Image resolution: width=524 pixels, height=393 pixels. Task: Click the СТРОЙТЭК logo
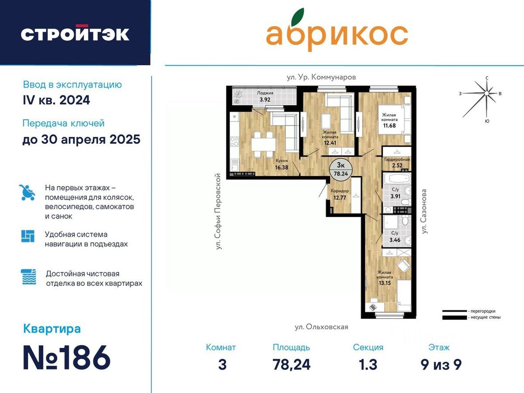click(x=75, y=34)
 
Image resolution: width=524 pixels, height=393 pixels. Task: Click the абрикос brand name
click(x=337, y=34)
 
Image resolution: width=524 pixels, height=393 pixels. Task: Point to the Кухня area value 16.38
click(x=281, y=168)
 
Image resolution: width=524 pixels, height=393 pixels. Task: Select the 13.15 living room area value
click(x=385, y=282)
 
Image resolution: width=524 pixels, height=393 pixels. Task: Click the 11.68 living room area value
click(x=389, y=126)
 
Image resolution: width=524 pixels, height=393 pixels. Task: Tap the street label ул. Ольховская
click(x=321, y=327)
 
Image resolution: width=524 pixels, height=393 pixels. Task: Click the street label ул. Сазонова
click(x=424, y=211)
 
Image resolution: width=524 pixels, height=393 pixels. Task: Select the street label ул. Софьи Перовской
click(x=218, y=211)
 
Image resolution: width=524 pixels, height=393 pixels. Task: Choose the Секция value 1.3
click(x=368, y=365)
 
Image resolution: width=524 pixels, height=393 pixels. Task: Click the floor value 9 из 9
click(x=441, y=365)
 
